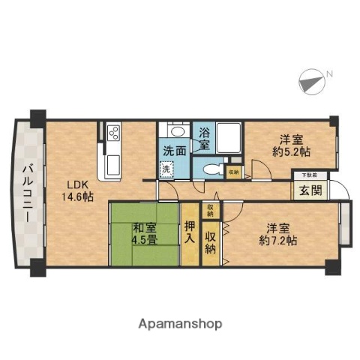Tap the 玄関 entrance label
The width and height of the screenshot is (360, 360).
click(x=310, y=190)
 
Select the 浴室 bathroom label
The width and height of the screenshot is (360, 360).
click(x=204, y=139)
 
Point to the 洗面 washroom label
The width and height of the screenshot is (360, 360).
click(x=175, y=150)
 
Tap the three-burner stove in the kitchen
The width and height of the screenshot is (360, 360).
click(x=115, y=133)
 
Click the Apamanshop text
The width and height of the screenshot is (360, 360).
click(x=180, y=324)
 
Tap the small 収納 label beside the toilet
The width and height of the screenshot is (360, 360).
click(x=233, y=172)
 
